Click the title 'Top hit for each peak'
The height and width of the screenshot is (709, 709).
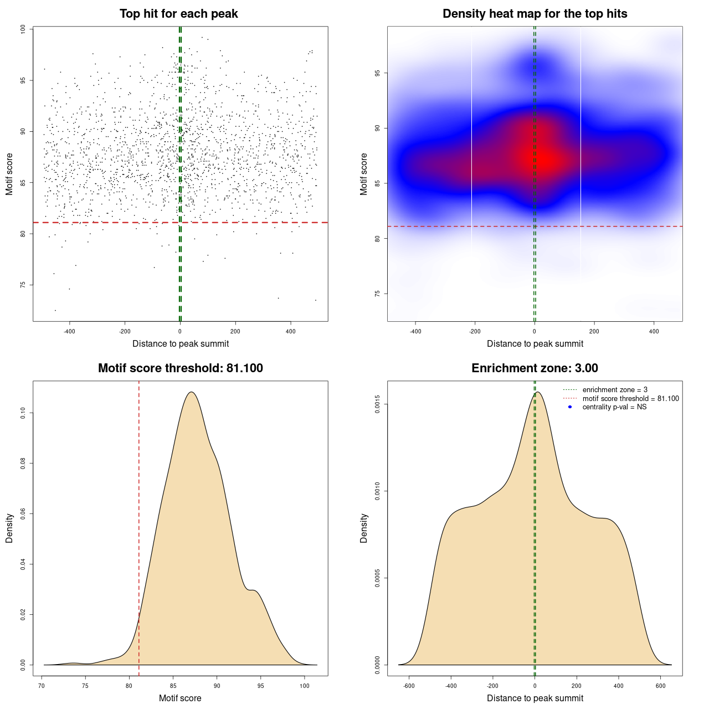(178, 14)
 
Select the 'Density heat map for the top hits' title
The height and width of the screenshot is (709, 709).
(535, 14)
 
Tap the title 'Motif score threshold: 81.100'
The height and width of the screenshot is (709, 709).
(180, 368)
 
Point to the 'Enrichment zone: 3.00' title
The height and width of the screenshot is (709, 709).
(535, 368)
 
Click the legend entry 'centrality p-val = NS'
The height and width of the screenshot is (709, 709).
(614, 407)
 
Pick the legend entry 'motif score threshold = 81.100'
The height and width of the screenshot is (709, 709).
(630, 399)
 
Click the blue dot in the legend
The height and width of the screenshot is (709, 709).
(570, 407)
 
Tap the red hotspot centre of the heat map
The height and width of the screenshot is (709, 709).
(546, 160)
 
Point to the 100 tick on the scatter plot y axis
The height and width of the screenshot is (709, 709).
(23, 29)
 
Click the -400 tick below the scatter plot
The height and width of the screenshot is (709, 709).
(69, 332)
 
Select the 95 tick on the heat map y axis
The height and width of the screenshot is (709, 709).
(377, 73)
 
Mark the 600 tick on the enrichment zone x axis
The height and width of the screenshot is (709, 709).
(660, 686)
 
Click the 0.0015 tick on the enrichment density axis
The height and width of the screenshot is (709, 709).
(377, 404)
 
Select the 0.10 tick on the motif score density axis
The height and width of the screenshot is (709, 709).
(23, 413)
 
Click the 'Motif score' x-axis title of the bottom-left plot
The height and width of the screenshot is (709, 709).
(180, 698)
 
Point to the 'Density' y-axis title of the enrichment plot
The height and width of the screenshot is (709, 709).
(364, 528)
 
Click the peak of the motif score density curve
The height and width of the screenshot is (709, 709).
(192, 392)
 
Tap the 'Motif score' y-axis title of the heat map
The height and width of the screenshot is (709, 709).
(364, 174)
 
